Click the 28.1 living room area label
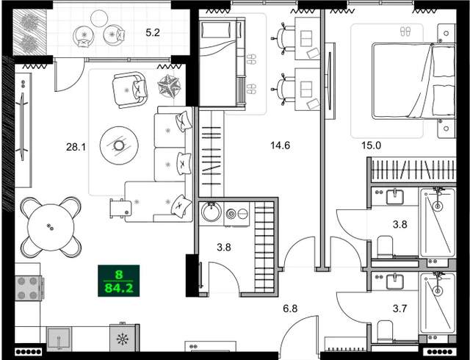(x=76, y=147)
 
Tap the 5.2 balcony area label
(x=152, y=32)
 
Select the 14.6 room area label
(x=280, y=145)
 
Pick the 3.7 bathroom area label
(x=400, y=309)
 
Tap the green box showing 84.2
(x=118, y=281)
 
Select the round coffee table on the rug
(x=118, y=144)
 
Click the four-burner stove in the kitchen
(x=30, y=287)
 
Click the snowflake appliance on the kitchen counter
(x=122, y=339)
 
